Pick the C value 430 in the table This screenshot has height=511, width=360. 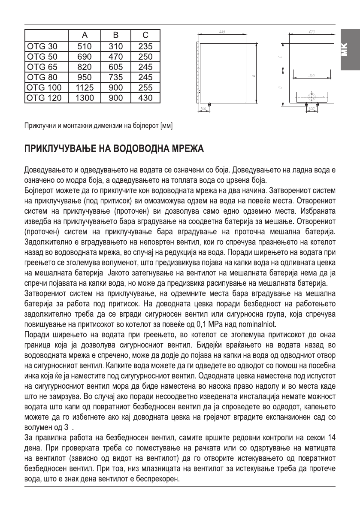click(145, 98)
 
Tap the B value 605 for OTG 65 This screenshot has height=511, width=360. click(115, 67)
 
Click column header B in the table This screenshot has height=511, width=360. click(115, 36)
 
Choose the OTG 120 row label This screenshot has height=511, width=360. click(44, 98)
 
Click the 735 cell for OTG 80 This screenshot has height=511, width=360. click(115, 77)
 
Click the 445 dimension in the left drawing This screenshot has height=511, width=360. click(222, 33)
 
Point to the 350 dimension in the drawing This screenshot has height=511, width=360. click(312, 76)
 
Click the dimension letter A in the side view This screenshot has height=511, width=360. click(254, 76)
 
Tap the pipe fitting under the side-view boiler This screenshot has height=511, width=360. click(209, 105)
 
